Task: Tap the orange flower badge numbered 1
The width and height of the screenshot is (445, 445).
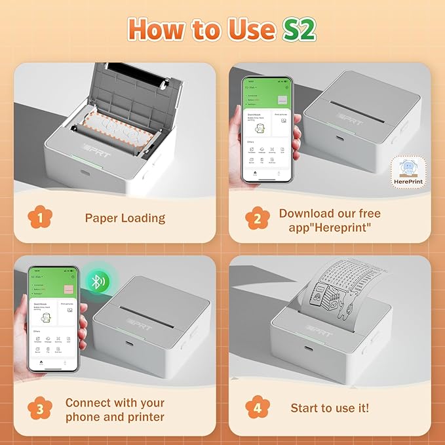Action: (x=41, y=218)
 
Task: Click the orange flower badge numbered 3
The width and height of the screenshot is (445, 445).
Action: (x=41, y=409)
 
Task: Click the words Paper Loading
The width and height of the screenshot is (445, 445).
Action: (x=125, y=218)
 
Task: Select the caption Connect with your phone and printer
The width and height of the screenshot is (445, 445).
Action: (x=115, y=410)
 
